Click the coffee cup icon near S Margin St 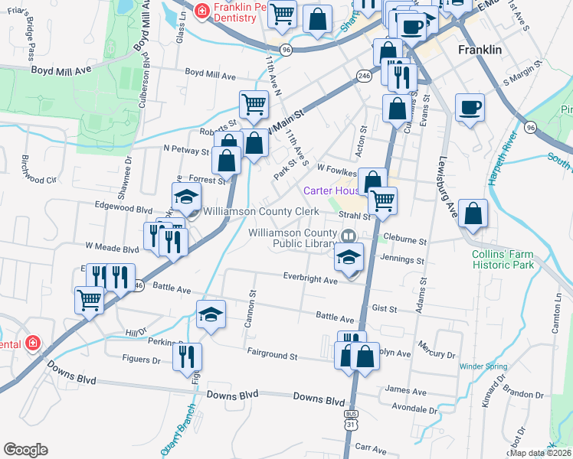(x=470, y=107)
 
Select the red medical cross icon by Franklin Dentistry (x=201, y=11)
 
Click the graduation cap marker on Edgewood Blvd (x=185, y=197)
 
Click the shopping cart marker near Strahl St (x=382, y=201)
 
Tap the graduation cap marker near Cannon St (x=211, y=314)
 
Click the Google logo (x=25, y=450)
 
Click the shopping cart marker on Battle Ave (x=89, y=300)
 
